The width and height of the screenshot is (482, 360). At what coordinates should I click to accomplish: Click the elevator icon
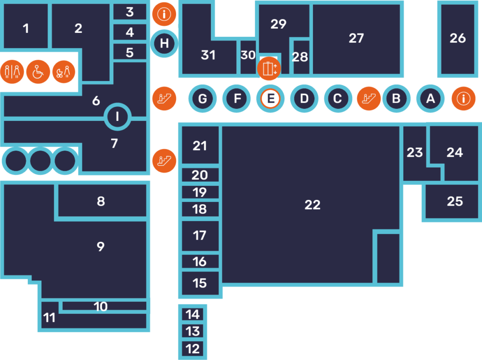(269, 69)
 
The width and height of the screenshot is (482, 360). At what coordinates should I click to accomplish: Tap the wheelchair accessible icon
(38, 72)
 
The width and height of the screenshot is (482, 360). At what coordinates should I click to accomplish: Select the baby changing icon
(64, 72)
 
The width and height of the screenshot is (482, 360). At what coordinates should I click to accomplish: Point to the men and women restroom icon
(12, 72)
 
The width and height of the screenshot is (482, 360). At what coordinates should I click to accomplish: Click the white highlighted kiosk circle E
(270, 99)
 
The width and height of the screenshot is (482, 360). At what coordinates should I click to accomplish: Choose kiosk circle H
(164, 43)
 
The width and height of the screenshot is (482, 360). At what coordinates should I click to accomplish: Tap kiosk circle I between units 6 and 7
(117, 117)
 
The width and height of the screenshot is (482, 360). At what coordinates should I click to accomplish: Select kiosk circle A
(430, 99)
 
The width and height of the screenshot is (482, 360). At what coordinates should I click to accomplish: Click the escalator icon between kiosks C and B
(369, 99)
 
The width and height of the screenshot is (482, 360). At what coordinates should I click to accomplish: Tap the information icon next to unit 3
(164, 14)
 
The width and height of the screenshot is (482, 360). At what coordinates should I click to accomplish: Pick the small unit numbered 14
(193, 314)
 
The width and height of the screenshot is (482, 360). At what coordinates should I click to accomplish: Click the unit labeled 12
(193, 349)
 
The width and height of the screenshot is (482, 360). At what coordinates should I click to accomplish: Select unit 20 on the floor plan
(200, 175)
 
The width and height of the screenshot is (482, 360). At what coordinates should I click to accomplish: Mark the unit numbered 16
(200, 261)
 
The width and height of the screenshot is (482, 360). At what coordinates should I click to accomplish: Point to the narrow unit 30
(248, 57)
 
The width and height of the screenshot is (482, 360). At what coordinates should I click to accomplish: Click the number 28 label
(300, 57)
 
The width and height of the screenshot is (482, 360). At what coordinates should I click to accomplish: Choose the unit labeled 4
(130, 32)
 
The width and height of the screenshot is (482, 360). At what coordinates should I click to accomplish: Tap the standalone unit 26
(458, 39)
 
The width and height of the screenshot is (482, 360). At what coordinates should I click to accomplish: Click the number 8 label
(101, 201)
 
